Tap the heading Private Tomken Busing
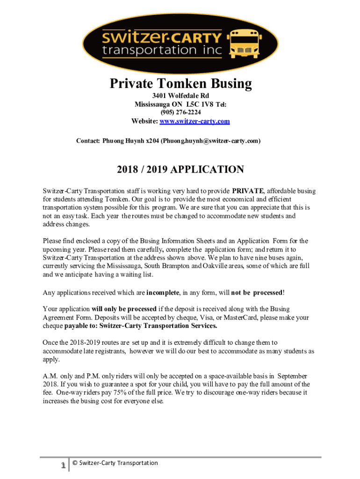pos(180,84)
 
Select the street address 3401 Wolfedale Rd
pos(180,96)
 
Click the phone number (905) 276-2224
pos(180,113)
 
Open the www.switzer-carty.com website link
pos(194,121)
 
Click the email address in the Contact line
pos(210,140)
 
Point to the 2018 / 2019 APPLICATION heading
pos(180,169)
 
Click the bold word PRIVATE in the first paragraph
pos(248,191)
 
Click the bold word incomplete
pos(163,292)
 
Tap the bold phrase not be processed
pos(257,292)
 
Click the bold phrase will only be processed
pos(124,309)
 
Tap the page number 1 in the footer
pos(62,465)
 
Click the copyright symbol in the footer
pos(75,463)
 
